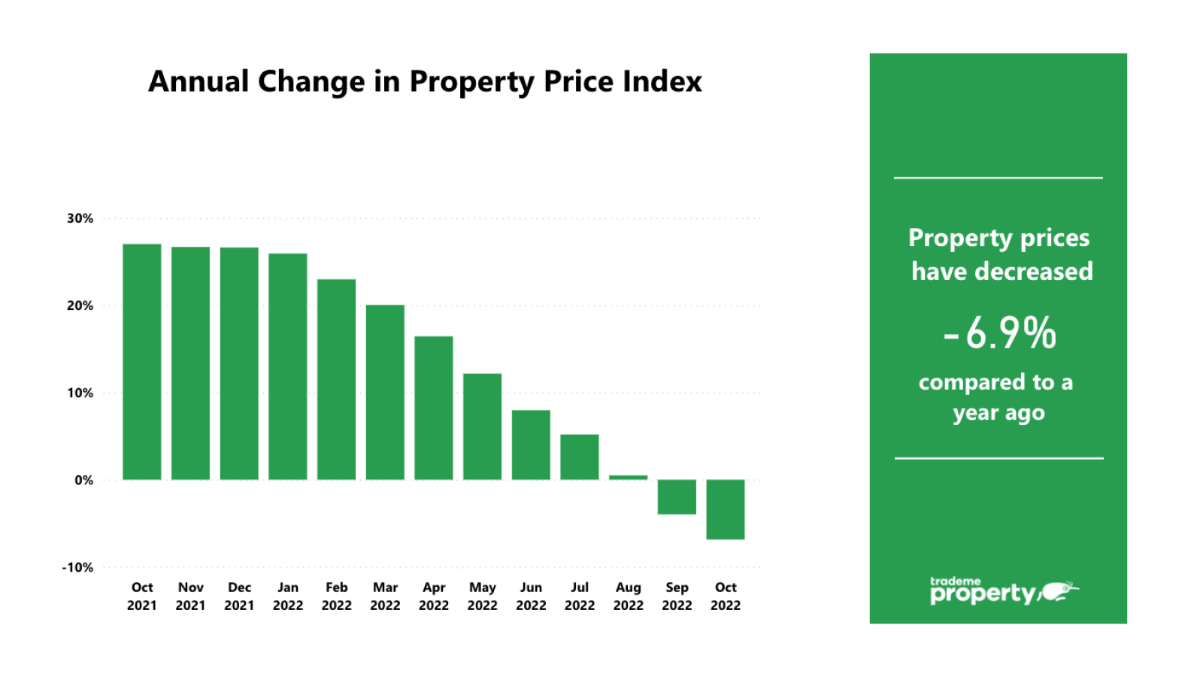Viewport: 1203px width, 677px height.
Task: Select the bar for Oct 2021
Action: pos(141,362)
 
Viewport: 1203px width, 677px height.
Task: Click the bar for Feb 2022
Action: pos(336,379)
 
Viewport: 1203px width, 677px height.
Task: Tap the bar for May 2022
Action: pos(482,427)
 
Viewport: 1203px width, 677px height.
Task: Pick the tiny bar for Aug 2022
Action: pos(628,477)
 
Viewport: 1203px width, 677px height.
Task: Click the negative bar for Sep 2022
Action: pos(677,497)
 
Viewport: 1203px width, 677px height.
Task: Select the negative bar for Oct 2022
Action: pos(726,509)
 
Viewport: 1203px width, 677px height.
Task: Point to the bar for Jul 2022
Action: pos(580,457)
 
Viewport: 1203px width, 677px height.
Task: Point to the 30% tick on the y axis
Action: pos(80,218)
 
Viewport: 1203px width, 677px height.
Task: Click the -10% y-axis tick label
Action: pos(77,567)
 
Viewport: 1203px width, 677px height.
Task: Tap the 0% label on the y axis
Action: pos(83,480)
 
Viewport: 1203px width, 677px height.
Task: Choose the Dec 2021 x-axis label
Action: pos(239,596)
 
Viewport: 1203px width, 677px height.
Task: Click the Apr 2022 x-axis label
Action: pos(434,596)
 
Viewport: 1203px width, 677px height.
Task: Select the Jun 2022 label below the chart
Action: pos(531,596)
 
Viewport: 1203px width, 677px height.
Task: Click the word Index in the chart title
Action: pos(663,81)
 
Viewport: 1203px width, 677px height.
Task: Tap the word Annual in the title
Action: pos(198,81)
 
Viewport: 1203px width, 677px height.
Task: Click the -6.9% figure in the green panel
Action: pos(1000,333)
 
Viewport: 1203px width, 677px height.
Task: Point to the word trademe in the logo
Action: pos(955,581)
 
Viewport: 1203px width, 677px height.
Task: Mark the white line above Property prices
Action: pos(998,178)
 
